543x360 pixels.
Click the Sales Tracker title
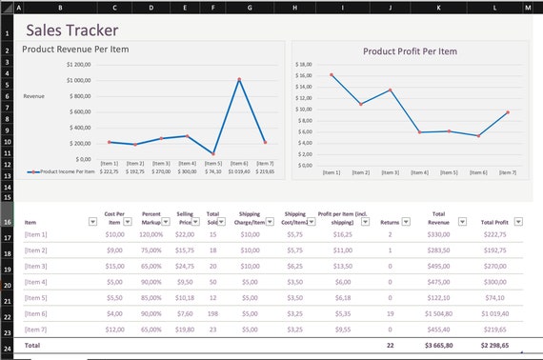(x=72, y=30)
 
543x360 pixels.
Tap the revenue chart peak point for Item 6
(x=239, y=79)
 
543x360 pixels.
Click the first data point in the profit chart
(x=332, y=74)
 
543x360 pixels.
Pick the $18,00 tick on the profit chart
(x=305, y=64)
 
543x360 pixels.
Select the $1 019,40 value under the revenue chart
(x=239, y=171)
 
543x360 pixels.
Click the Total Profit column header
(x=493, y=221)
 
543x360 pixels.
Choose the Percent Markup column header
(x=150, y=217)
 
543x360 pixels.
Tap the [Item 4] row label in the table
(x=36, y=282)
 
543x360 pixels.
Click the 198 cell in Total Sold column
(x=212, y=312)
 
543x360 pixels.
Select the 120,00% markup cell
(x=151, y=233)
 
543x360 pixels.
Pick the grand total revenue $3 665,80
(x=438, y=344)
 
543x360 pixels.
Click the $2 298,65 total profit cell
(x=493, y=344)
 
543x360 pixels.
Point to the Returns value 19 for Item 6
(x=390, y=312)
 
